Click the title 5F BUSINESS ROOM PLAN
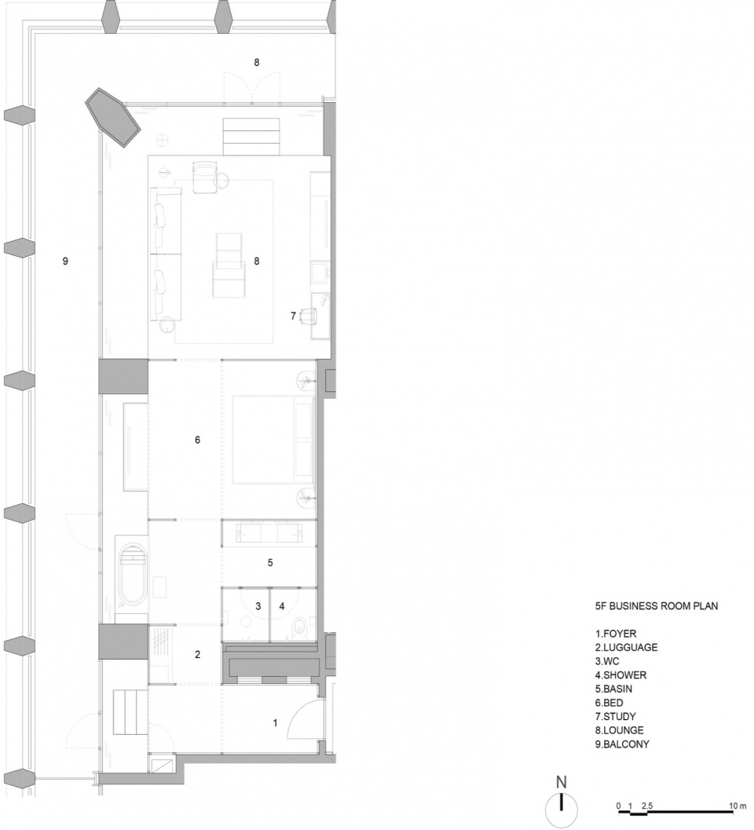pos(657,606)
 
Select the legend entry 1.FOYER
pos(616,634)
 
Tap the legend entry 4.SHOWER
pos(620,675)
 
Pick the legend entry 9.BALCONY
pos(622,744)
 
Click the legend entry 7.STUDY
pos(615,716)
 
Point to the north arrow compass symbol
pos(562,810)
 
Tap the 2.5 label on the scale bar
pos(647,806)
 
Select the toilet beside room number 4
pos(298,626)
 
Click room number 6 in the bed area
pos(197,440)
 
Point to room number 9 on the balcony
pos(65,261)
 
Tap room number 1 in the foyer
pos(275,722)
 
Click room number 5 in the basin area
pos(270,563)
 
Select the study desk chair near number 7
pos(308,316)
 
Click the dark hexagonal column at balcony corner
pos(113,118)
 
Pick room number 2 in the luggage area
pos(197,655)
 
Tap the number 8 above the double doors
pos(257,63)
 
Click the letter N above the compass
pos(562,782)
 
